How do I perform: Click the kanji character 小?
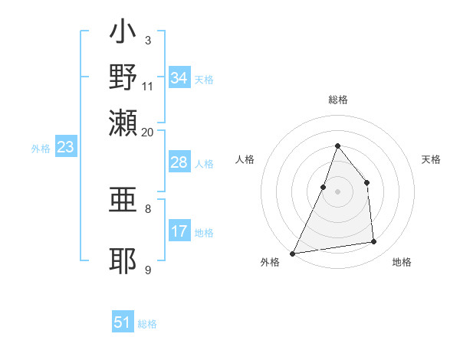tap(123, 33)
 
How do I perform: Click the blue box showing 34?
tap(179, 78)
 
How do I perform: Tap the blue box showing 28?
tap(179, 163)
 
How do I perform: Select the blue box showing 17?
tap(179, 232)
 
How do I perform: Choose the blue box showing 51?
tap(123, 322)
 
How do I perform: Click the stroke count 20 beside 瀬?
tap(148, 132)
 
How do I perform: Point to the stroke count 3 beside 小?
tap(148, 39)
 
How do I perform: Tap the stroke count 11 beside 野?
tap(148, 87)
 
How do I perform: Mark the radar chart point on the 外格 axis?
tap(292, 254)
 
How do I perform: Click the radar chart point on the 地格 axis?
tap(374, 242)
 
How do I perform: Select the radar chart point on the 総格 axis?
tap(337, 146)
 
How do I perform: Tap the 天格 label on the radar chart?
tap(432, 159)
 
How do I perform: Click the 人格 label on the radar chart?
tap(245, 159)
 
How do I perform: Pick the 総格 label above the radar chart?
tap(337, 100)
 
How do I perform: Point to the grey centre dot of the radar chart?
tap(337, 191)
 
